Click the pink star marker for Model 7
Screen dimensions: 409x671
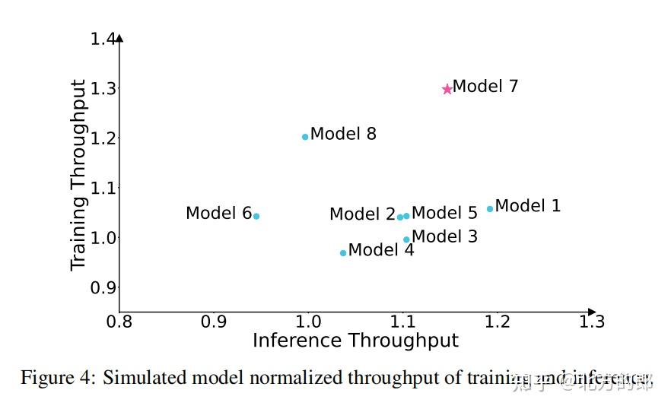(x=447, y=89)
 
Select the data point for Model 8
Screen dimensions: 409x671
(x=305, y=137)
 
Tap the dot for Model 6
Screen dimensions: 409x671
(x=256, y=216)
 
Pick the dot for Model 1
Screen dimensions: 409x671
(x=490, y=208)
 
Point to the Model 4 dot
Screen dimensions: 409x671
(x=343, y=252)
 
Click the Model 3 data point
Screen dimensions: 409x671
(x=406, y=239)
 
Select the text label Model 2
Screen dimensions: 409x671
(x=362, y=215)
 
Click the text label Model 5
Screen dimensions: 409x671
(x=444, y=214)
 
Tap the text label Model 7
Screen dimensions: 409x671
(x=485, y=87)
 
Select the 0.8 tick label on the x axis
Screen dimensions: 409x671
(x=119, y=322)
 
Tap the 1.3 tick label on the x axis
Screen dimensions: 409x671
(x=591, y=322)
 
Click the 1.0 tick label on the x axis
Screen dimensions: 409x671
(x=308, y=322)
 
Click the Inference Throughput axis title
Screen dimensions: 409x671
(x=355, y=341)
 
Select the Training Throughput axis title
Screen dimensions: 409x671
(x=78, y=175)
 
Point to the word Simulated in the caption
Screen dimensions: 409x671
(x=140, y=378)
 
